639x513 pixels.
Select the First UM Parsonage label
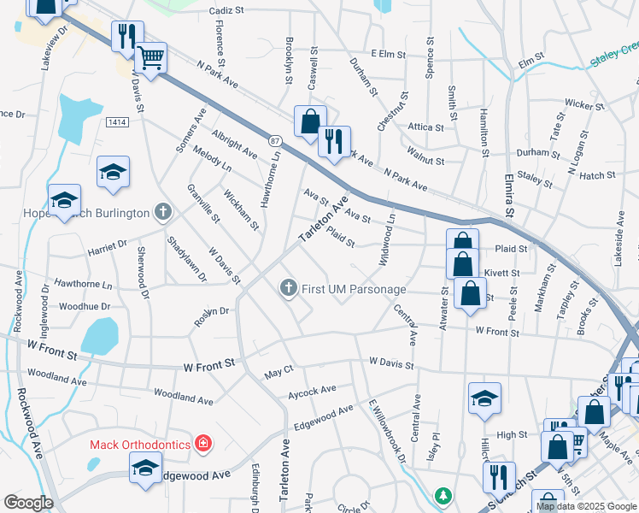[353, 289]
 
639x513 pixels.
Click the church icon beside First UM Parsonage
[289, 289]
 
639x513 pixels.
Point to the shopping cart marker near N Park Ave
[150, 58]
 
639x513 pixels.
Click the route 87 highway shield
[273, 139]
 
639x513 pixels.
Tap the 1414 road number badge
[118, 123]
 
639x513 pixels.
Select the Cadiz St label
[226, 11]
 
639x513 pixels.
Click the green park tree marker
[443, 496]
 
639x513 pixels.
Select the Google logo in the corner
[28, 503]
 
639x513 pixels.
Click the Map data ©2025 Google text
[587, 506]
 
